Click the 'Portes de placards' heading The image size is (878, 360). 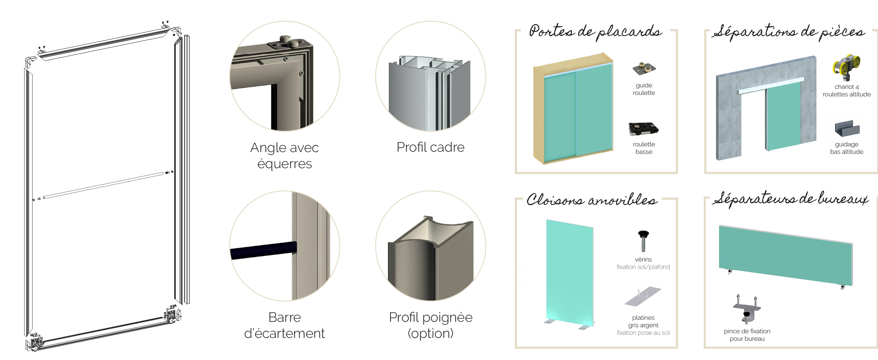(x=595, y=32)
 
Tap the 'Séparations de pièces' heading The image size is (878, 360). (x=789, y=32)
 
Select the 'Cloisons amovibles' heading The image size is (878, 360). (x=592, y=200)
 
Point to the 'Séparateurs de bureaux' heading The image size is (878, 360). (x=790, y=199)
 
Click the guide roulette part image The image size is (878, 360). (x=644, y=69)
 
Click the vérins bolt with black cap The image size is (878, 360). (x=644, y=241)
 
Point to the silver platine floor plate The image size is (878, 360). (x=643, y=296)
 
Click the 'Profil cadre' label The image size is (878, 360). (x=430, y=147)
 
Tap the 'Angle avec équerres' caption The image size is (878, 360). (x=284, y=156)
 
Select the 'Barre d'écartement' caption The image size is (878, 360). (x=284, y=325)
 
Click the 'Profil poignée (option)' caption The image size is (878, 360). (x=430, y=325)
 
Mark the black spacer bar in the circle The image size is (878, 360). (x=263, y=250)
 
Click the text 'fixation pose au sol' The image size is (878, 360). (x=644, y=333)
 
